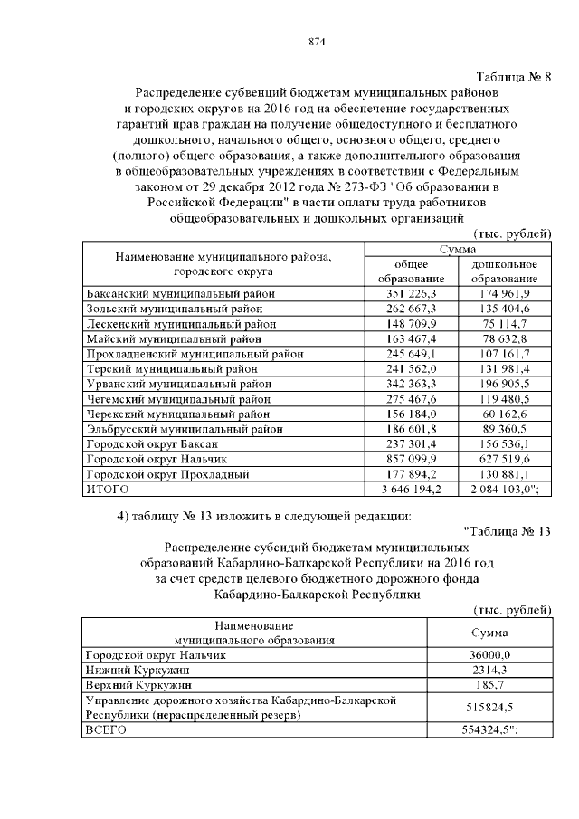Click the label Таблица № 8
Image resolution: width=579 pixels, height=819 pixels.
(x=513, y=76)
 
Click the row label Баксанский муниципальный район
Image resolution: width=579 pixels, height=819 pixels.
(x=179, y=294)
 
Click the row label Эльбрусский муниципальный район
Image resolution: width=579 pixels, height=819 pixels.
(x=183, y=429)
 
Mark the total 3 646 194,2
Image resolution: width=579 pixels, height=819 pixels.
(x=405, y=490)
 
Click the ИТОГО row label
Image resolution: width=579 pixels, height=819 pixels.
(x=107, y=490)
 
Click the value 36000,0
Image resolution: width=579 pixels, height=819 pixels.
(x=489, y=655)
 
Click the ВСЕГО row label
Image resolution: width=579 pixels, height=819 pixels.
(x=104, y=729)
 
